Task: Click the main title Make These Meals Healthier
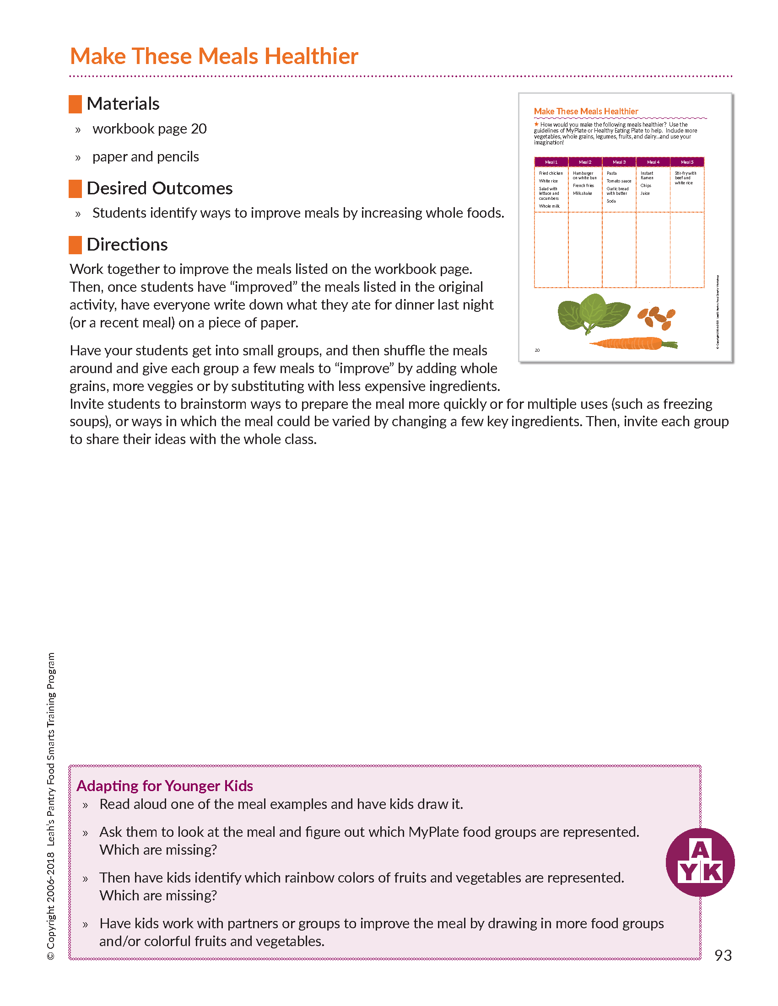coord(214,57)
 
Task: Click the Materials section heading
coord(123,104)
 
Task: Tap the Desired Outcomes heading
coord(159,188)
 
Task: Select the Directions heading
coord(127,245)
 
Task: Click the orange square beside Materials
coord(75,104)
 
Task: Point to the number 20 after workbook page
coord(199,129)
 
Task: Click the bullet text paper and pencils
coord(146,157)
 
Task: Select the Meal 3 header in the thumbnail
coord(619,162)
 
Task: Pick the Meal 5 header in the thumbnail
coord(687,162)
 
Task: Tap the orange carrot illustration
coord(632,343)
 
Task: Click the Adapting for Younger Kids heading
coord(165,786)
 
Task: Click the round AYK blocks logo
coord(700,862)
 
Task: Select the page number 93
coord(723,955)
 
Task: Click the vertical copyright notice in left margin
coord(51,806)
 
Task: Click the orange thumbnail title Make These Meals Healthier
coord(586,112)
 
